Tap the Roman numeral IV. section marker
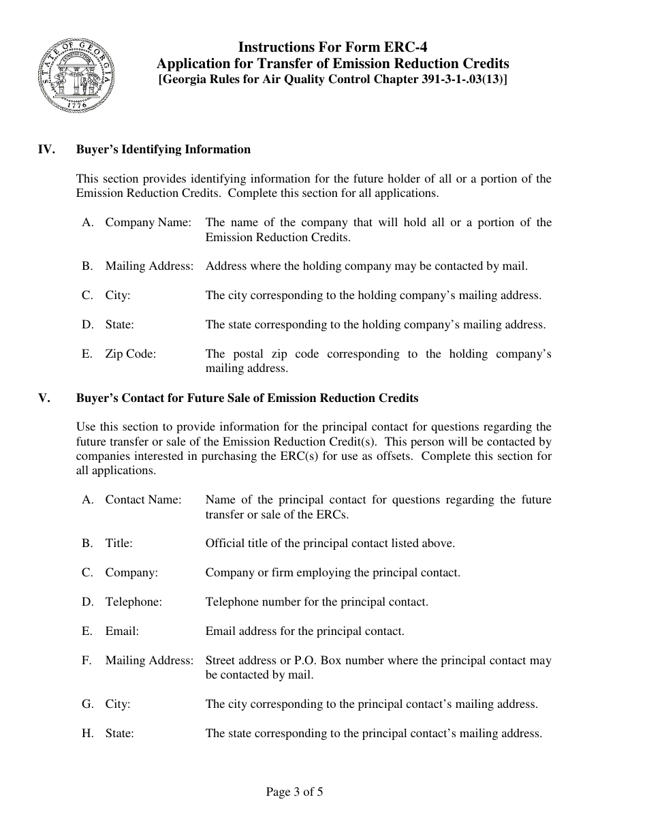coord(46,149)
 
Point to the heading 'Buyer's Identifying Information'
coord(163,149)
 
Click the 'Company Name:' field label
coord(148,223)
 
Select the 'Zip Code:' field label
coord(130,354)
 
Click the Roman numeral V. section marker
coord(44,398)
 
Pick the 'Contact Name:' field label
coord(143,499)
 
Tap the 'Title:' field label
coord(119,543)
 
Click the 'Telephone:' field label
coord(133,602)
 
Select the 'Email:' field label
coord(122,631)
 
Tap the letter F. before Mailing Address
coord(86,660)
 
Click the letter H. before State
coord(87,733)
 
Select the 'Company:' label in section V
coord(131,572)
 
